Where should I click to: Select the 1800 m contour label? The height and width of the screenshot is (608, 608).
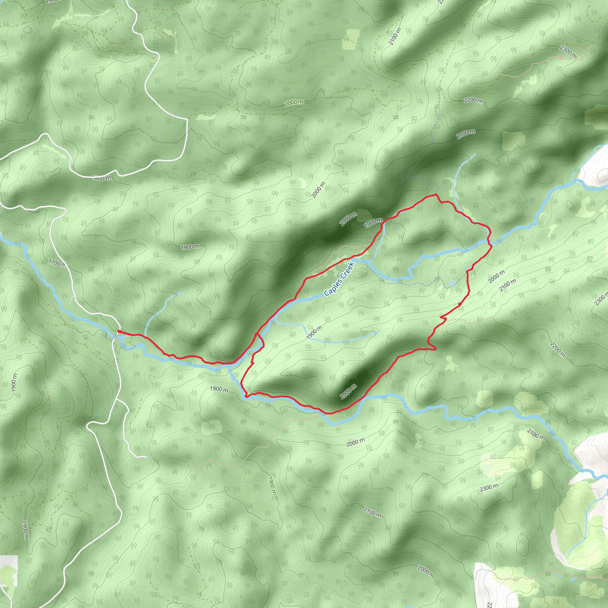tap(102, 178)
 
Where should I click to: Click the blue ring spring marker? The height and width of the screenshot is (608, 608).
tap(452, 283)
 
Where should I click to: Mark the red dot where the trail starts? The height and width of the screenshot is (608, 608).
tap(119, 331)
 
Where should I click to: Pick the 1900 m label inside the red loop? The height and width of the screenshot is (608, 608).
tap(314, 332)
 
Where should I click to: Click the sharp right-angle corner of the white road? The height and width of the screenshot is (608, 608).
tap(187, 120)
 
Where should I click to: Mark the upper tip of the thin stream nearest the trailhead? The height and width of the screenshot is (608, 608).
tap(181, 292)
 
